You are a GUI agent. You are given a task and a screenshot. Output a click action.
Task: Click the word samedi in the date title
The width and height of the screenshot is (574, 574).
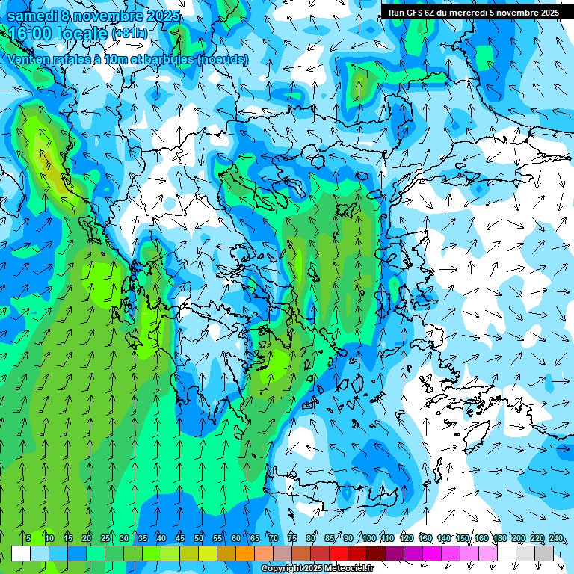30,16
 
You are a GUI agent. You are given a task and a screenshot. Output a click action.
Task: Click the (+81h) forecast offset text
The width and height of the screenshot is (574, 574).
129,34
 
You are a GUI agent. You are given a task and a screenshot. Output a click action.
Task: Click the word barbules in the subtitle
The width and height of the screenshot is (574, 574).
164,59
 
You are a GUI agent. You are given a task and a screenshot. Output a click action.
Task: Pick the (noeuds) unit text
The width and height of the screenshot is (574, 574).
222,59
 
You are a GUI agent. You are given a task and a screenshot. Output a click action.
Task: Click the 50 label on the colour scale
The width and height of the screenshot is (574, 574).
199,538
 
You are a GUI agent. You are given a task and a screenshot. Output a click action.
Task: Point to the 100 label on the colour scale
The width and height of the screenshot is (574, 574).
368,538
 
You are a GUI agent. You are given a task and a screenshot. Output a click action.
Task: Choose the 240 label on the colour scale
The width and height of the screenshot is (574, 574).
555,538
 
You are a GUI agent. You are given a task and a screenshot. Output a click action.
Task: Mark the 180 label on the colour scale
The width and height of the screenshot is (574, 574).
499,538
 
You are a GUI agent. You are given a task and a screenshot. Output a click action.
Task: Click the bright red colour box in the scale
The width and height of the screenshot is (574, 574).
339,553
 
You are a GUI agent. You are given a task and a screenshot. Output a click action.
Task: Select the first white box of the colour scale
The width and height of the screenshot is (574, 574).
21,553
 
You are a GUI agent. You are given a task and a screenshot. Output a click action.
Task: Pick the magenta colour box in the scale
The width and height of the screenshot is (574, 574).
432,553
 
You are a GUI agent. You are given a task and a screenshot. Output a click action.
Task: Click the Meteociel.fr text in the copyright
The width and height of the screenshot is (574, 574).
348,569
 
